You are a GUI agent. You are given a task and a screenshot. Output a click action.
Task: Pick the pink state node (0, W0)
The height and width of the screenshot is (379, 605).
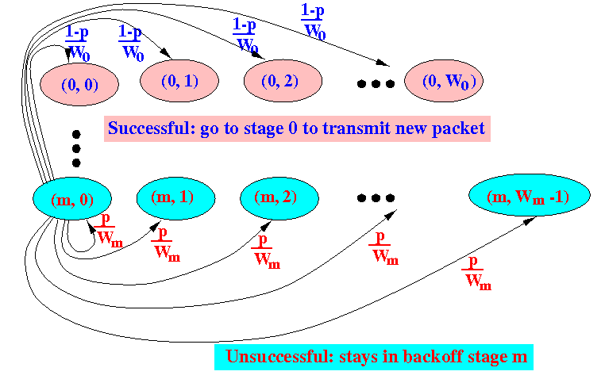[x=444, y=81]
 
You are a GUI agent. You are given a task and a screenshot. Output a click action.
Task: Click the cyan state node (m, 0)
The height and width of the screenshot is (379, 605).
[x=72, y=199]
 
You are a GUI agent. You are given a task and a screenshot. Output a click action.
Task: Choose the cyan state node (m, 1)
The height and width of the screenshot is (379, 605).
[x=176, y=198]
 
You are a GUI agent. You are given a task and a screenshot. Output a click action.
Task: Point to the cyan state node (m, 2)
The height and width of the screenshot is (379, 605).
[x=279, y=198]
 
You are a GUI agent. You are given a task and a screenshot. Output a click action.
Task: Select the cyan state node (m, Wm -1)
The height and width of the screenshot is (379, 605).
[x=530, y=195]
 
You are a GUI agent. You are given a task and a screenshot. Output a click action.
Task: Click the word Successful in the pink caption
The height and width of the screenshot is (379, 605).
[x=151, y=128]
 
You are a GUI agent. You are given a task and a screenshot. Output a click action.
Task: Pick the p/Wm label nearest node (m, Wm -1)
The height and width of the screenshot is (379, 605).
[x=476, y=273]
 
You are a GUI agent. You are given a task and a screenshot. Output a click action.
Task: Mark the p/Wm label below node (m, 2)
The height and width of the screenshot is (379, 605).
[x=265, y=251]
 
